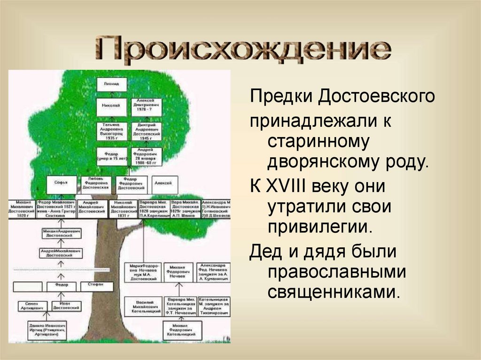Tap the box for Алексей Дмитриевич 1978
147,106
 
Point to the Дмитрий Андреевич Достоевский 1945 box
147,131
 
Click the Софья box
61,184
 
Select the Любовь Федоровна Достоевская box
96,184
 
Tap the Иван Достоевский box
61,306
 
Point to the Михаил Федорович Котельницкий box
178,331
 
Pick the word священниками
334,292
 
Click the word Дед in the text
264,251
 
